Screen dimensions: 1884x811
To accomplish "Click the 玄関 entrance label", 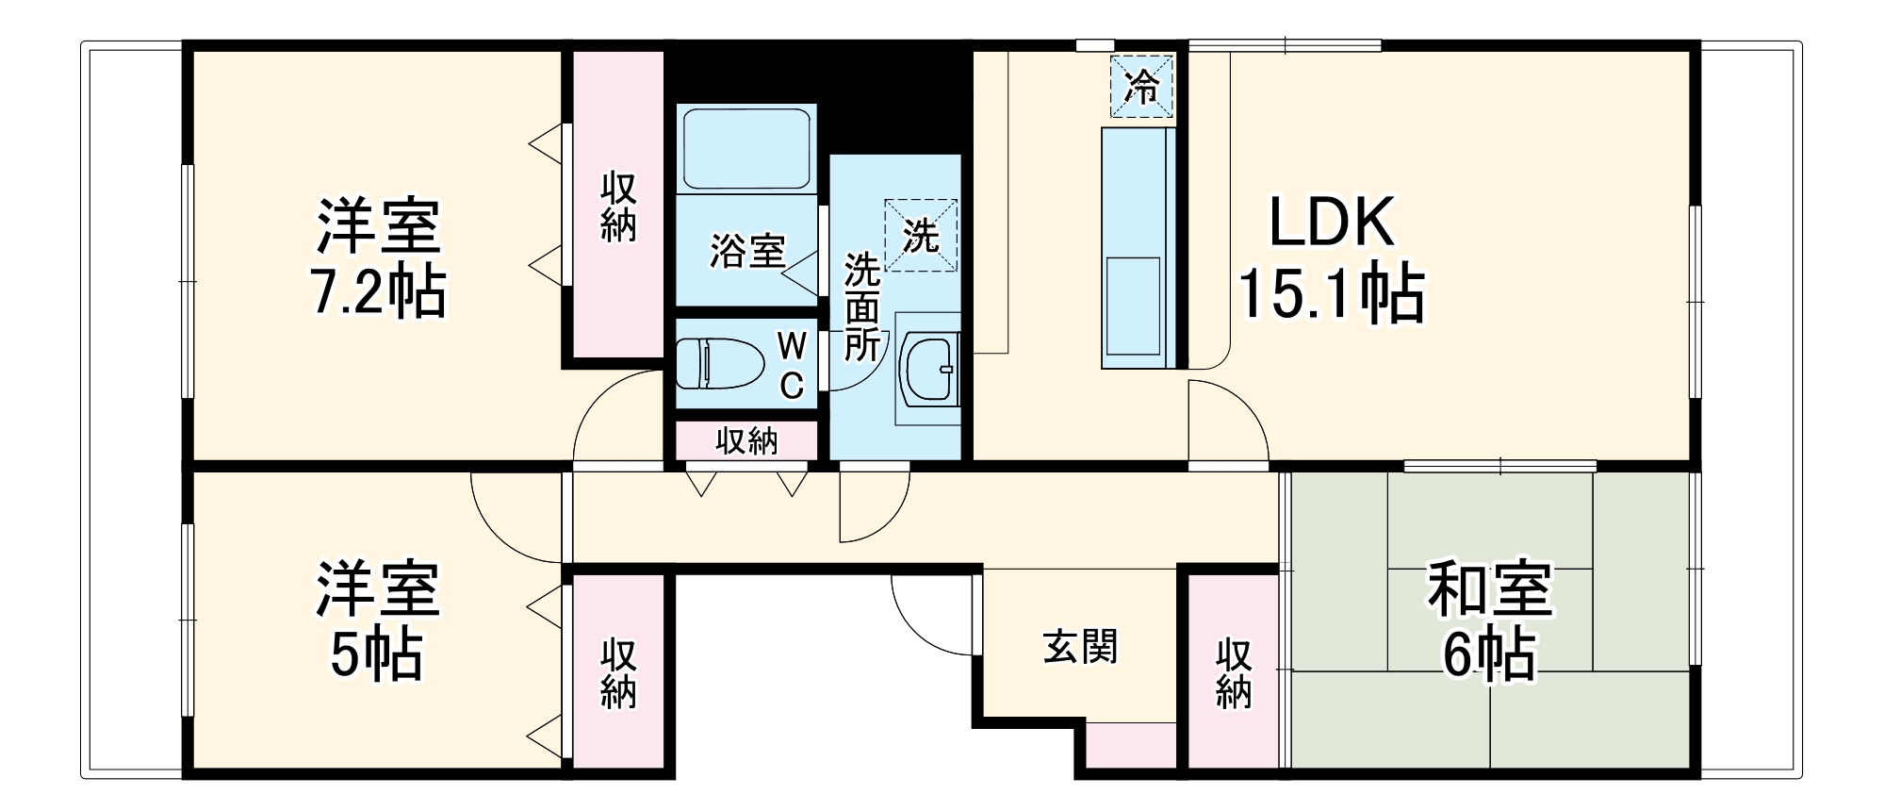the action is coord(1080,647).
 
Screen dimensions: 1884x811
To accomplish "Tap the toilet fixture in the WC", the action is coord(721,363).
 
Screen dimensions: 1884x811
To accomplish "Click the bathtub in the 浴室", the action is coord(746,148).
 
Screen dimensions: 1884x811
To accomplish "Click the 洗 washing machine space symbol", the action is coord(921,235).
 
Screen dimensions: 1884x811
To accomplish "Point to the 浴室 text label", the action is coord(747,251).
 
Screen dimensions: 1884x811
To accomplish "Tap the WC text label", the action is coord(792,366).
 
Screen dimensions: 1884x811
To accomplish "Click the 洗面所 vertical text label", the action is coord(861,306).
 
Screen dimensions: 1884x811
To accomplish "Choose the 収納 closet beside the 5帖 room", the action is coord(618,671).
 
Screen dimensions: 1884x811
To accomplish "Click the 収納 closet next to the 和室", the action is coord(1233,671).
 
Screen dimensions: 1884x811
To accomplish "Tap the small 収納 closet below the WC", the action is coord(746,440).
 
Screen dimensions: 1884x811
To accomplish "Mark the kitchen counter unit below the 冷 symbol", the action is coord(1139,247).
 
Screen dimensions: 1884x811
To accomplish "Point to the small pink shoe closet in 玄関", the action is coord(1132,745).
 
